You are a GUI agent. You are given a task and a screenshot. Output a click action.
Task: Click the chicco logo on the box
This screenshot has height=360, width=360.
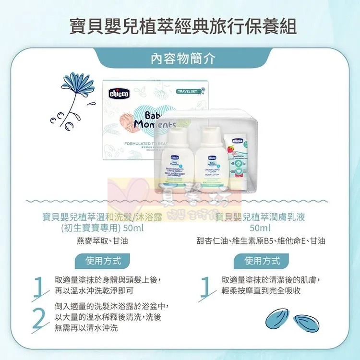119,94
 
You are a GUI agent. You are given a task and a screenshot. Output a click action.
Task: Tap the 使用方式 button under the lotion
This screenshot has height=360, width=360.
262,261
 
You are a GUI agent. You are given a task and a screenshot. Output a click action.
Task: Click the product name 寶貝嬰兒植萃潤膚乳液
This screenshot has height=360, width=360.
262,217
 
